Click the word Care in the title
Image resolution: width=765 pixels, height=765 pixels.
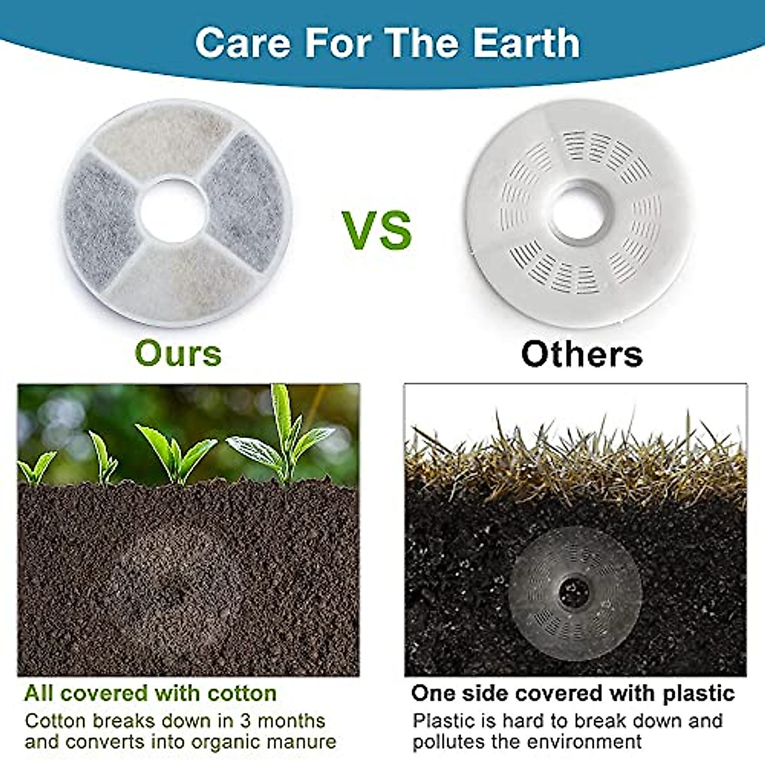pyautogui.click(x=243, y=43)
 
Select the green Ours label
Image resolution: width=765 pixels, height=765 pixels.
pyautogui.click(x=178, y=353)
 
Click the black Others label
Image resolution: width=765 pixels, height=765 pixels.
pyautogui.click(x=581, y=354)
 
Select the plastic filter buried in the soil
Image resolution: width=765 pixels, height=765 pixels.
pyautogui.click(x=574, y=593)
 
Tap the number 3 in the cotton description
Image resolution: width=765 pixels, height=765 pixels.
pyautogui.click(x=245, y=721)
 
